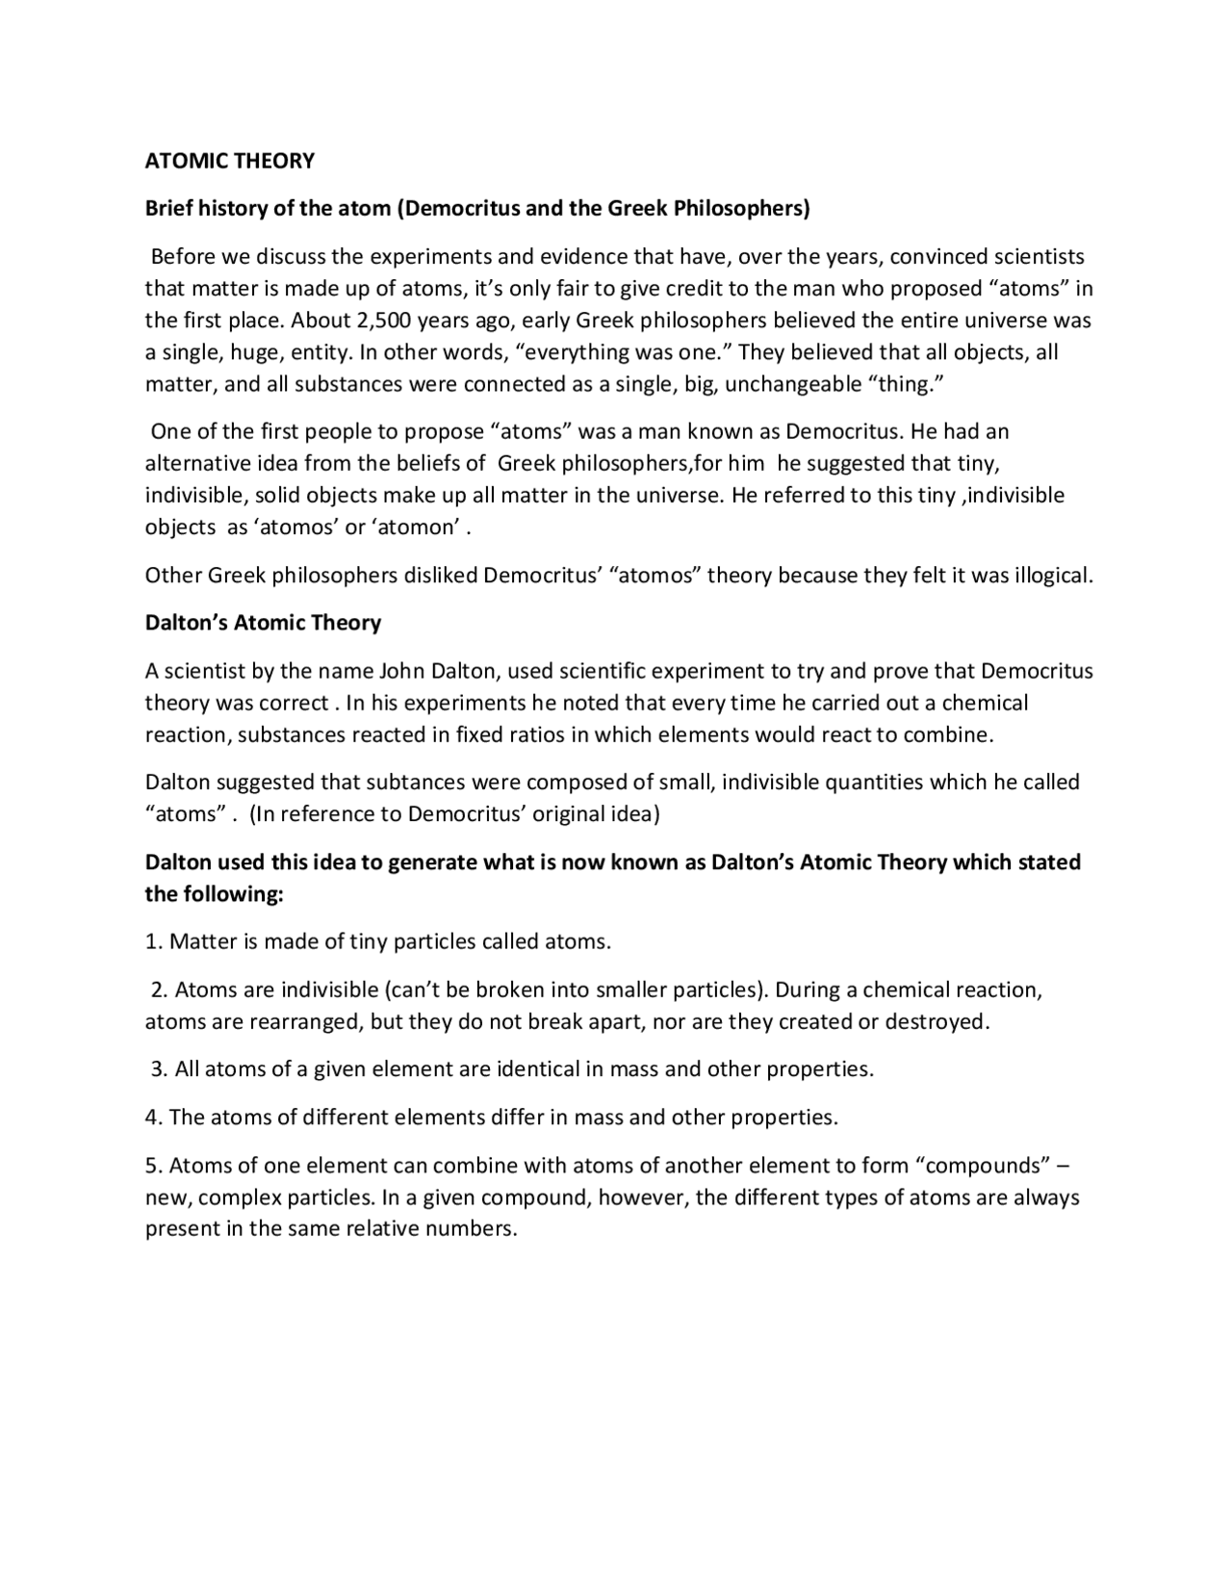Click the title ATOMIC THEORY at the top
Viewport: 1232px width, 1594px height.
pyautogui.click(x=229, y=161)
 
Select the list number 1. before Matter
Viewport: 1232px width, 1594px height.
pyautogui.click(x=154, y=941)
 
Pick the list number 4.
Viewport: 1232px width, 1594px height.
pyautogui.click(x=154, y=1118)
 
